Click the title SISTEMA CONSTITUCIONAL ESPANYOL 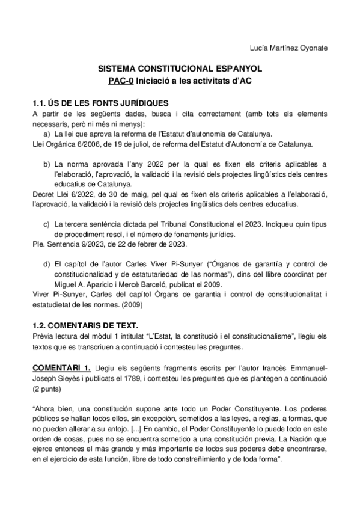[180, 70]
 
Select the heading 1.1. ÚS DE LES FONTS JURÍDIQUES [100, 103]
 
